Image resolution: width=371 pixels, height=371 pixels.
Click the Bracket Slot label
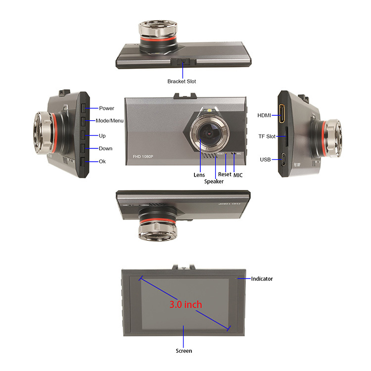(182, 82)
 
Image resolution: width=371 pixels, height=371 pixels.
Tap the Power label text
(106, 108)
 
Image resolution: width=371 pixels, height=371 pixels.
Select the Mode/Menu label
(109, 121)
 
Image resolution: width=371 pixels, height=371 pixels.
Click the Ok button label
(102, 161)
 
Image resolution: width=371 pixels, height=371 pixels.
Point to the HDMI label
(264, 115)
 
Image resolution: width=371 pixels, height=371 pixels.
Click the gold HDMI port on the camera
(282, 114)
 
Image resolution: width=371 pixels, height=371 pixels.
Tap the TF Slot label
(267, 137)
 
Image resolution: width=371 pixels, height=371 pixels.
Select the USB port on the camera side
(283, 159)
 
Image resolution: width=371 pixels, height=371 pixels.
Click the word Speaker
(214, 182)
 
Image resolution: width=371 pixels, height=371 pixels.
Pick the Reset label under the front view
(225, 175)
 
